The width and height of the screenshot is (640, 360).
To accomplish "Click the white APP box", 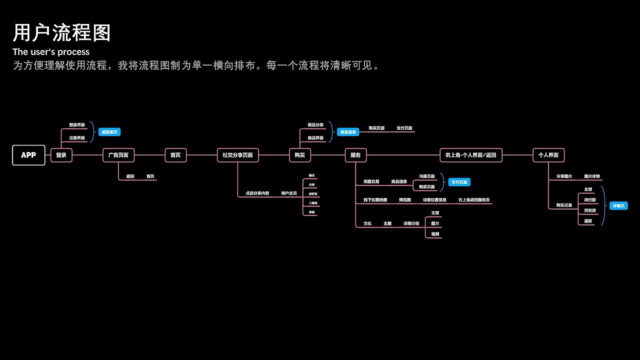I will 28,155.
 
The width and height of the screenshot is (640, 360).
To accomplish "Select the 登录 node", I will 61,155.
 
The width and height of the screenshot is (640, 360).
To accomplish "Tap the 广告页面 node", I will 118,155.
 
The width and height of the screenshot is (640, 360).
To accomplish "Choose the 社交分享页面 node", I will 237,155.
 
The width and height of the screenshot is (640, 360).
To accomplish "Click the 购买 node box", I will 300,155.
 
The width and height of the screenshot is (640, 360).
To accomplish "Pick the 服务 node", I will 355,155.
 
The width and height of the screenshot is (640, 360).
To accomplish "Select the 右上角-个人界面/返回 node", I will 470,155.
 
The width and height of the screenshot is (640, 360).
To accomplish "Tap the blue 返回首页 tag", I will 109,132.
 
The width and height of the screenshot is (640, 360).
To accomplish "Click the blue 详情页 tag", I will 618,206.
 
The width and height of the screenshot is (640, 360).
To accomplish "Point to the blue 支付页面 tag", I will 459,182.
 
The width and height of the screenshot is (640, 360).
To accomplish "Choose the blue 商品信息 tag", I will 348,132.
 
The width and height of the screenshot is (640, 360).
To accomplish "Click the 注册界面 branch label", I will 77,138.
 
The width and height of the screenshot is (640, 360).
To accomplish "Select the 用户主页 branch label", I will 289,193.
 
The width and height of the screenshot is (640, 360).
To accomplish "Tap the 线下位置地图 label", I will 375,200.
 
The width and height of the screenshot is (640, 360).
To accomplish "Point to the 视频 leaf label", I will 435,234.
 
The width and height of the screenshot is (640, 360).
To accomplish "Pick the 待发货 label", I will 590,210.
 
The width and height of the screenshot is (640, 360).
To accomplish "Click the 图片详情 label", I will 592,176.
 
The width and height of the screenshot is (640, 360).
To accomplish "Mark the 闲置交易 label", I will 371,182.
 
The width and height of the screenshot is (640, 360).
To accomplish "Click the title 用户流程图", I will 62,33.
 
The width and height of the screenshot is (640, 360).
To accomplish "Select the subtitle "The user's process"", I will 51,52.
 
